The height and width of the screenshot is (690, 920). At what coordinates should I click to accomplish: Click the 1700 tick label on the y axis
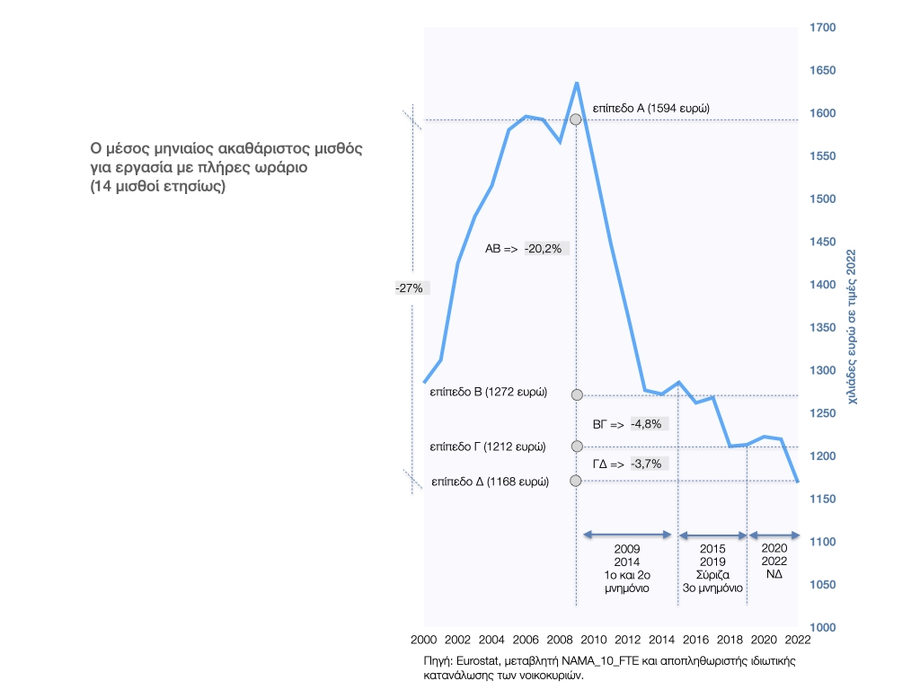pyautogui.click(x=823, y=28)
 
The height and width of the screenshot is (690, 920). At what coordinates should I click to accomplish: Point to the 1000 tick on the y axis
pyautogui.click(x=823, y=627)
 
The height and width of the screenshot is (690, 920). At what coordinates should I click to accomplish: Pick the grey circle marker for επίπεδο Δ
pyautogui.click(x=577, y=481)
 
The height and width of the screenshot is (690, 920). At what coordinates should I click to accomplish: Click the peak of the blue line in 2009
pyautogui.click(x=576, y=83)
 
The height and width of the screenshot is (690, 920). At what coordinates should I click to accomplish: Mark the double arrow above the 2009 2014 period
pyautogui.click(x=627, y=535)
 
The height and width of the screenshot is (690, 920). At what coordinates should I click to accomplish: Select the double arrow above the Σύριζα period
pyautogui.click(x=712, y=535)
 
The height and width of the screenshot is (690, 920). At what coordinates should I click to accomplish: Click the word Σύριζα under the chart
pyautogui.click(x=713, y=574)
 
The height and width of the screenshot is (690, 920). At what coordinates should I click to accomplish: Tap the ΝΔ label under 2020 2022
pyautogui.click(x=774, y=574)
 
